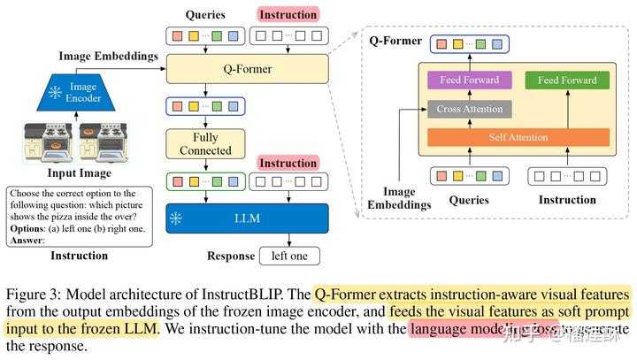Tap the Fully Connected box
coord(204,144)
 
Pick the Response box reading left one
coord(290,257)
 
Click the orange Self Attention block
coord(518,137)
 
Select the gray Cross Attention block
coord(469,110)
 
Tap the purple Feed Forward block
coord(469,80)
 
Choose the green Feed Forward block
coord(567,80)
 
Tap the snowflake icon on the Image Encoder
coord(55,92)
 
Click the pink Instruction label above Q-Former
coord(287,14)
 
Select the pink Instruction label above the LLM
coord(287,165)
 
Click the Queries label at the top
coord(204,14)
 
